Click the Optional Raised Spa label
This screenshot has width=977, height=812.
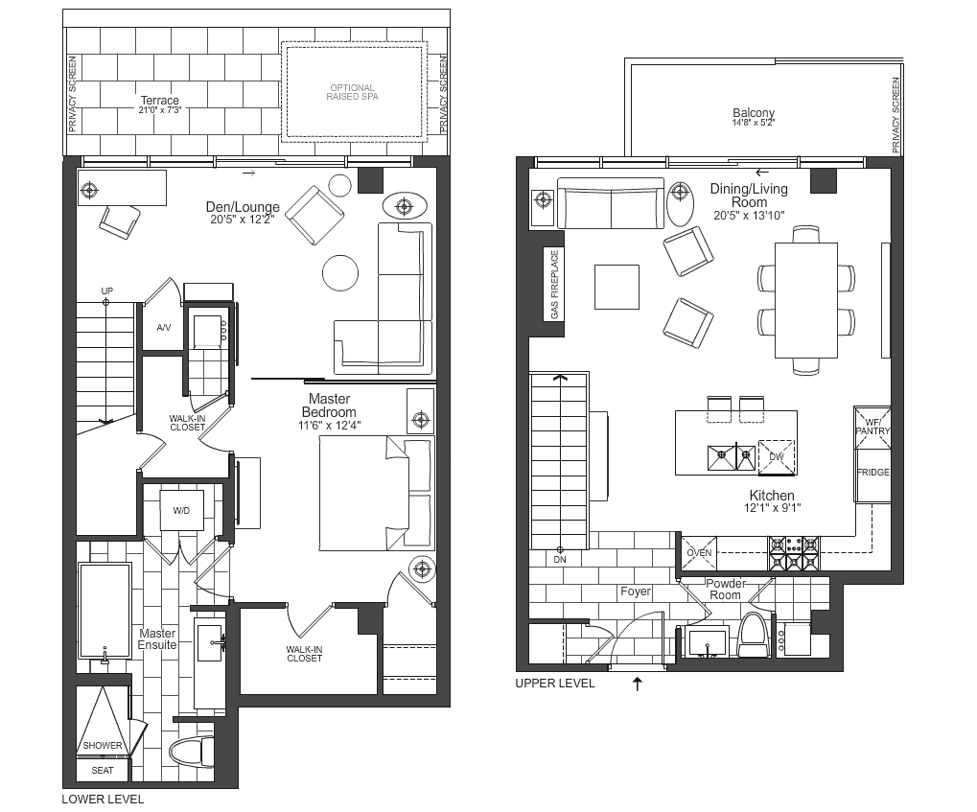352,92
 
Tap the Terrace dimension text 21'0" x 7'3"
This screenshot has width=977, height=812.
159,110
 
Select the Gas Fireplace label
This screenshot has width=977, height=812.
554,285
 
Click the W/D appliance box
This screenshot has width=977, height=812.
181,510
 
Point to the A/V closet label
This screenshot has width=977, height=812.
163,327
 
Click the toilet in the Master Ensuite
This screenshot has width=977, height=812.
192,753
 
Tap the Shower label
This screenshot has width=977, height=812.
103,745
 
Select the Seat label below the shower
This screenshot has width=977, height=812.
103,770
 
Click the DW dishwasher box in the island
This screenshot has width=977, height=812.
777,456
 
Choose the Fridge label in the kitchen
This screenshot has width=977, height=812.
872,473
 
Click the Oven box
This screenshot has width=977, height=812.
699,553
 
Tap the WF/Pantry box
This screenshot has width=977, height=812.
872,428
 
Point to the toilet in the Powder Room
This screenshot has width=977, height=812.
754,635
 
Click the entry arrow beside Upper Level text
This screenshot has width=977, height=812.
637,684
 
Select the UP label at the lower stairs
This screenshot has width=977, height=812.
107,291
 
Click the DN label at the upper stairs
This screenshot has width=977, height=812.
560,560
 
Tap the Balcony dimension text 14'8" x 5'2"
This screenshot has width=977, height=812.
754,123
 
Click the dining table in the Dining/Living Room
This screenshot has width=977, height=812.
805,300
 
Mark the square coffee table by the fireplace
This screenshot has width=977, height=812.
616,287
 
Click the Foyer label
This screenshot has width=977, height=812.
636,592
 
